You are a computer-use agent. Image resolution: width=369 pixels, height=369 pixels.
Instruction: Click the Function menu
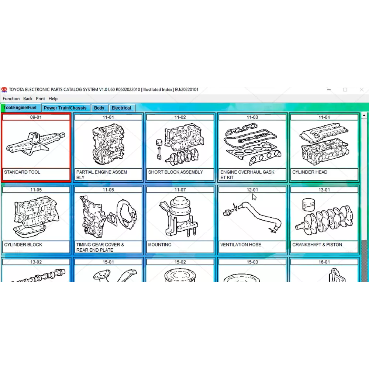coord(11,99)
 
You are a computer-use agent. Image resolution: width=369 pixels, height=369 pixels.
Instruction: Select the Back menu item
coord(28,99)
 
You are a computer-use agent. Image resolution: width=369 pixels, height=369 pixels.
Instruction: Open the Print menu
coord(40,99)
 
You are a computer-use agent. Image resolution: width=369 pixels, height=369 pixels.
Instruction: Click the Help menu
coord(53,99)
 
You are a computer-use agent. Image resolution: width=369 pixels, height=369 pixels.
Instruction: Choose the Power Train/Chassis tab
coord(65,108)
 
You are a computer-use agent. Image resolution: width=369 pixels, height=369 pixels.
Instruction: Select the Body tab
coord(99,108)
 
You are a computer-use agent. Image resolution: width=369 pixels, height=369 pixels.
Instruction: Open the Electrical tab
coord(121,108)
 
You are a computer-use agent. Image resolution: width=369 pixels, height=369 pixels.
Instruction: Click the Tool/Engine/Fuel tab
coord(20,107)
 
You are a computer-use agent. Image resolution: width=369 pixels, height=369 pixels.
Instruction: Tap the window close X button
coord(362,90)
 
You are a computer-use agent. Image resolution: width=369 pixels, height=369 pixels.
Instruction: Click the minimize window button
coord(329,90)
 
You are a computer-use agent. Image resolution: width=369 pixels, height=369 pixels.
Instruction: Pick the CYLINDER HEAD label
coord(310,172)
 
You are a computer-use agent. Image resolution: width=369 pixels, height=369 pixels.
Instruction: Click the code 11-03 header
coord(252,117)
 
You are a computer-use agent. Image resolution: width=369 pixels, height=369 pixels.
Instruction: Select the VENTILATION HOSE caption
coord(241,245)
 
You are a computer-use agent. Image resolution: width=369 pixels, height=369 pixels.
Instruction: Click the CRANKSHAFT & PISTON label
coord(317,245)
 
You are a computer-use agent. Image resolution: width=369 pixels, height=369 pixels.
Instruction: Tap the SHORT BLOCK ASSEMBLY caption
coord(176,172)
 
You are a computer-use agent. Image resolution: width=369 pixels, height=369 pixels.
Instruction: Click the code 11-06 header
coord(108,190)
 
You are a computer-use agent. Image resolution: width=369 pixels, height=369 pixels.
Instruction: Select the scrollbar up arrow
coord(364,115)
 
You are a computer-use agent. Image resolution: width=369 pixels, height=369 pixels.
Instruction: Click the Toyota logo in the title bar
coord(4,90)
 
